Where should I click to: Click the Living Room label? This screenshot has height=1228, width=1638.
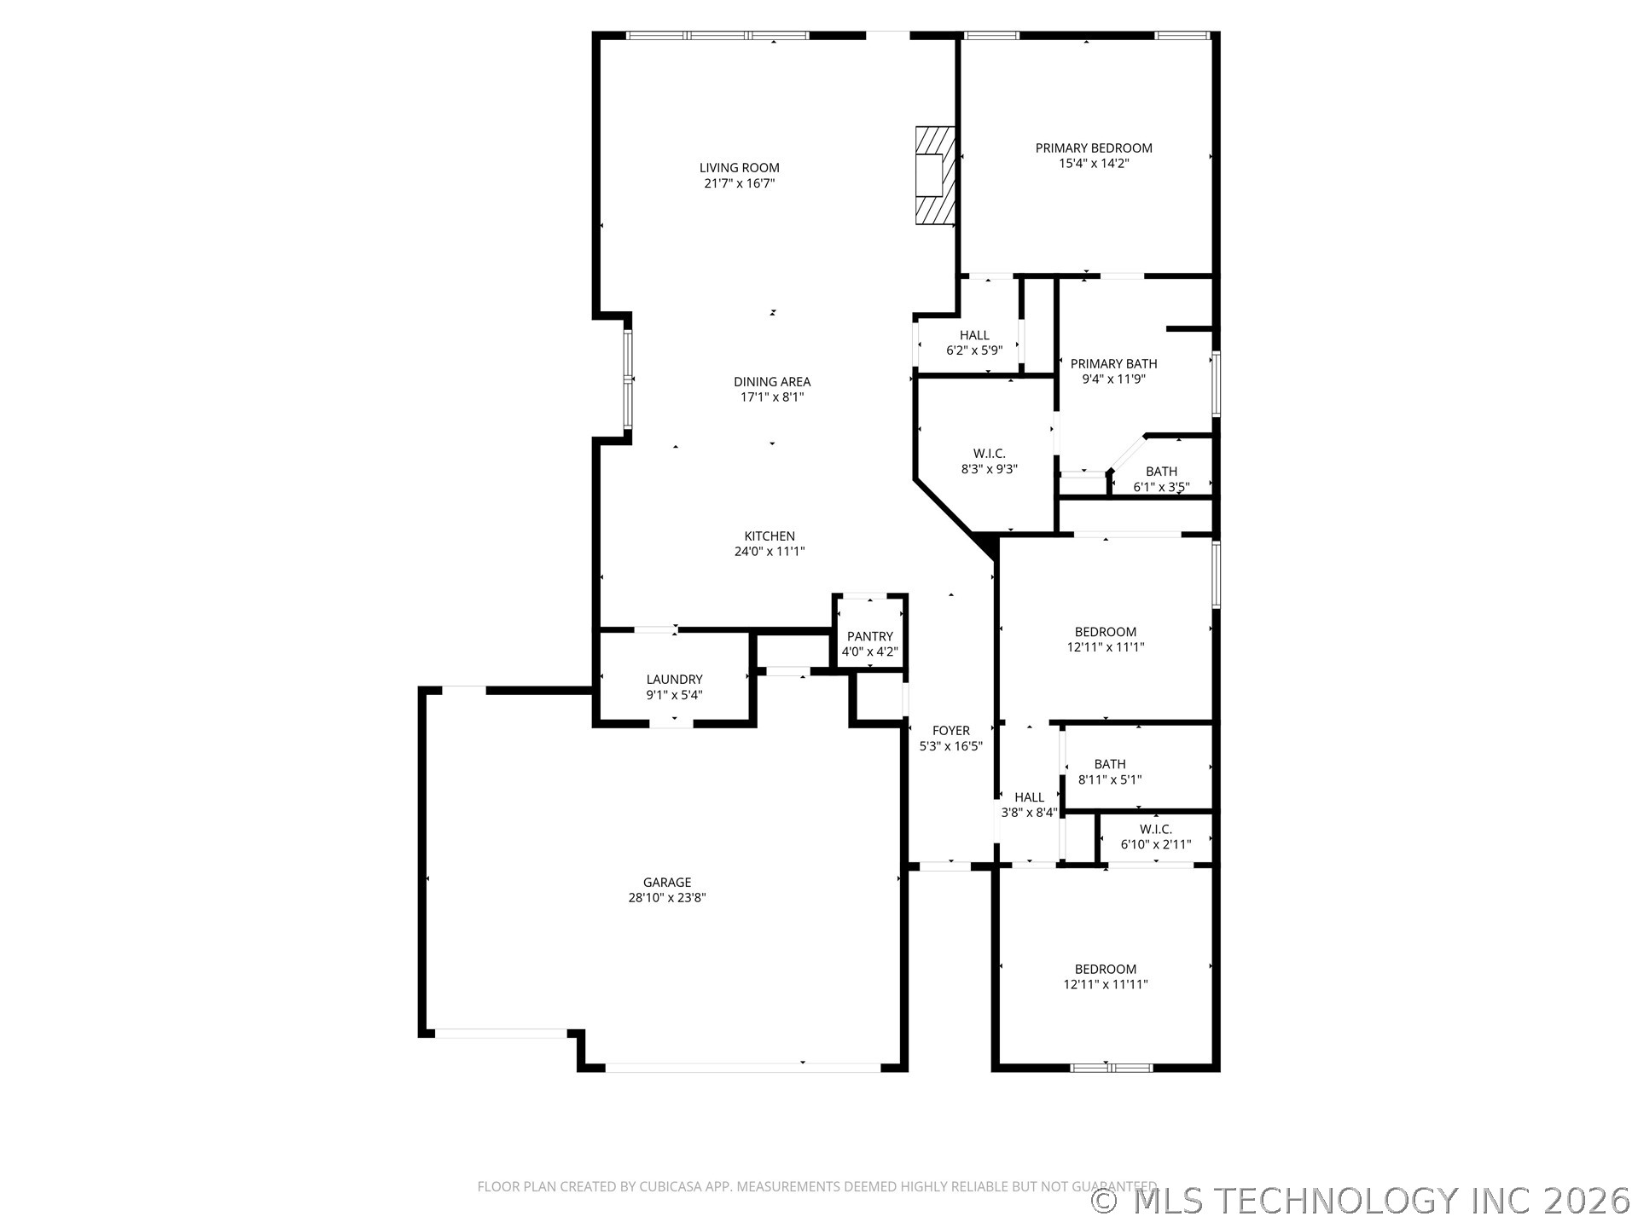click(739, 168)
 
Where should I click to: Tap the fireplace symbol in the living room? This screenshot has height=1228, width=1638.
click(934, 176)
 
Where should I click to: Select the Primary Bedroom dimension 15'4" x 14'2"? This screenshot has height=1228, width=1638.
click(1094, 163)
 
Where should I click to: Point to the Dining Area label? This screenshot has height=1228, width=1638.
click(772, 382)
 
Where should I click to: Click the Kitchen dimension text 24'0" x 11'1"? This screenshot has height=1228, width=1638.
click(770, 552)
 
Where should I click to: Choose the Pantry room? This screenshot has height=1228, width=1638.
click(869, 643)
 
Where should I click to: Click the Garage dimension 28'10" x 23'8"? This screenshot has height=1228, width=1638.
click(667, 898)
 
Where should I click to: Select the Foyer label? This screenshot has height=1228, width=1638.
click(950, 731)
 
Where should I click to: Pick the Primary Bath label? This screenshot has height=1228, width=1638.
click(1113, 364)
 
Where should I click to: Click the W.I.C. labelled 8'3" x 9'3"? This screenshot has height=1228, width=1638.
click(989, 460)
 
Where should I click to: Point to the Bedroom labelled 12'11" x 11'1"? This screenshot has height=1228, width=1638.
click(1105, 639)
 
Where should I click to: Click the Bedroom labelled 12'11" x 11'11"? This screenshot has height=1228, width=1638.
click(1105, 976)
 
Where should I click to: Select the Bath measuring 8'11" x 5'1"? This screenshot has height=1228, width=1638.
click(1109, 772)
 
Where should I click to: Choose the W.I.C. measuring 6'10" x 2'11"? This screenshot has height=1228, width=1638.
click(1155, 837)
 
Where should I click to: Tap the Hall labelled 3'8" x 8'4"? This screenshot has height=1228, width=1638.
click(1029, 805)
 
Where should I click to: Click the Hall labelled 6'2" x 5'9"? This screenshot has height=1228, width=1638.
click(973, 342)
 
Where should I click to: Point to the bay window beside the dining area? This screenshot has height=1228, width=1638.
click(628, 379)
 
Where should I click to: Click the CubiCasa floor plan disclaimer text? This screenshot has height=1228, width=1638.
click(816, 1186)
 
